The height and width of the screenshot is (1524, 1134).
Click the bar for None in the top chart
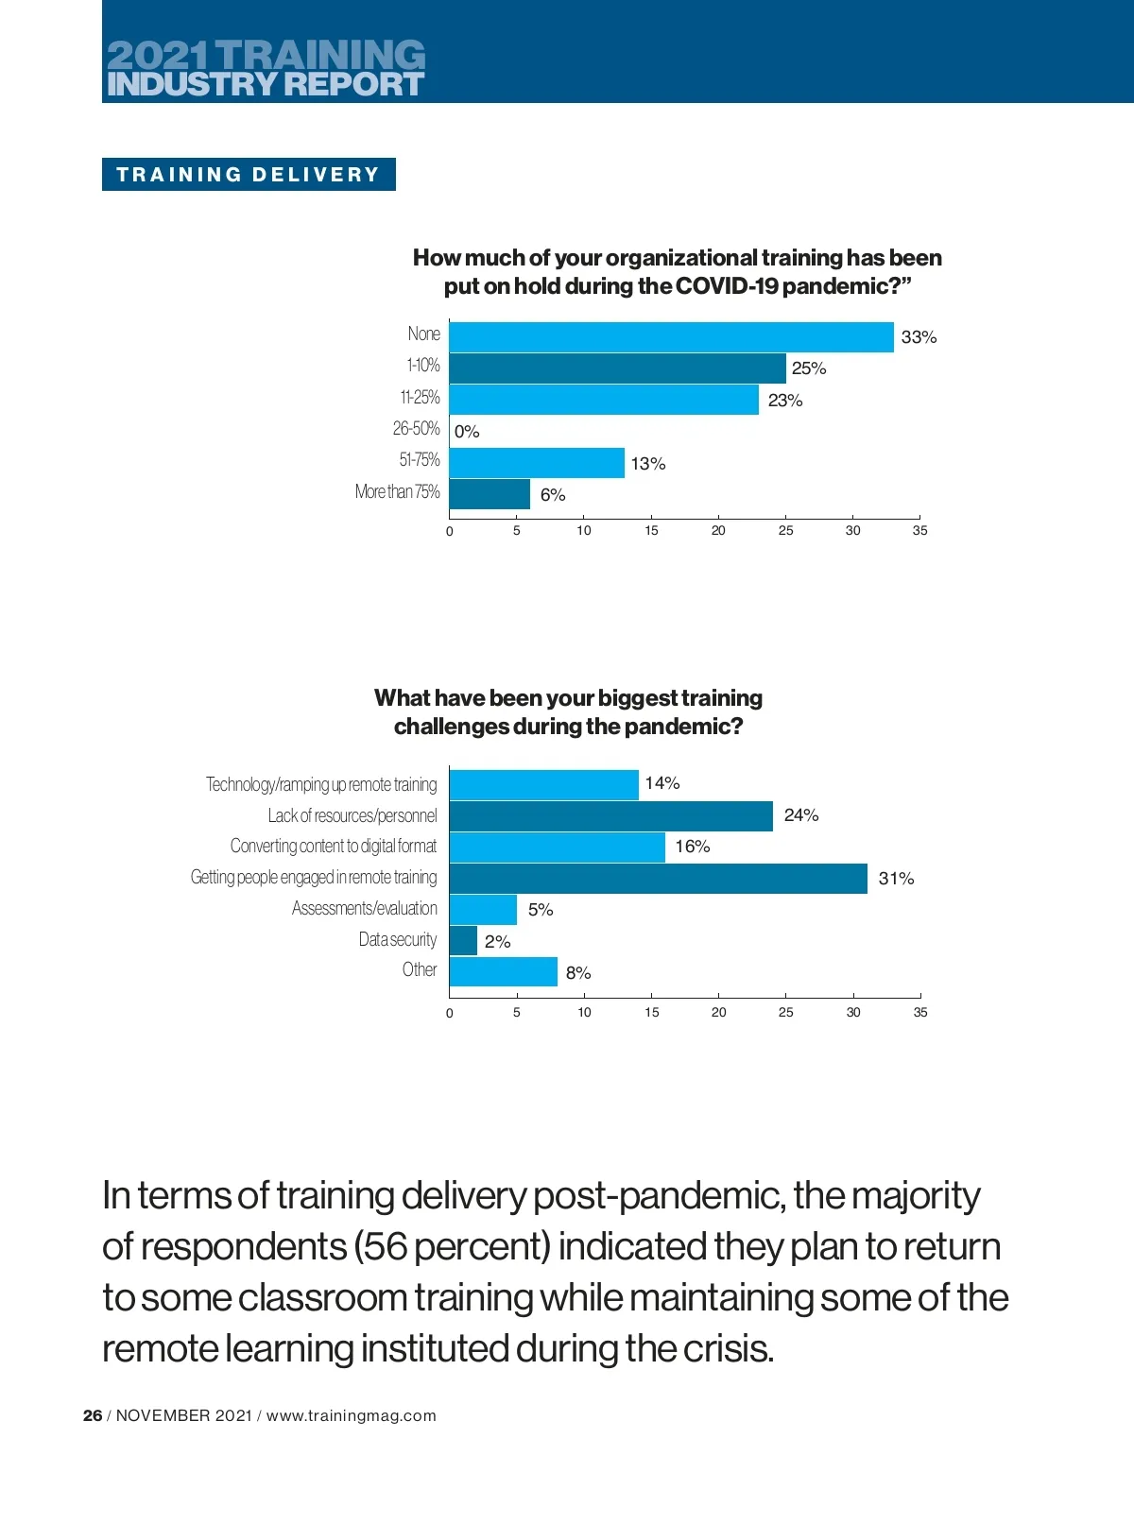[671, 337]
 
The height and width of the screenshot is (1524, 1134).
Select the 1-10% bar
[617, 368]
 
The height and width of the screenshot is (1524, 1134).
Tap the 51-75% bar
[537, 463]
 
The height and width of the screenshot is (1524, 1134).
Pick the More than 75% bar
[490, 494]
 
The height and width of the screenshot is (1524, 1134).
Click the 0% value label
[467, 432]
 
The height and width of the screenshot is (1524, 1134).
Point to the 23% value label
[784, 401]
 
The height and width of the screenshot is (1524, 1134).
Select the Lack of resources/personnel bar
[610, 816]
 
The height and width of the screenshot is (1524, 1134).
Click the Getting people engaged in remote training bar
[658, 879]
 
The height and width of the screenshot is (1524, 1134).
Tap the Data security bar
[463, 941]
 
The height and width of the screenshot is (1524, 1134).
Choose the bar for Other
[503, 972]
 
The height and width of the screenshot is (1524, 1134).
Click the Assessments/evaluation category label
[364, 909]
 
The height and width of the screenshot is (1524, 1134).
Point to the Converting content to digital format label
[334, 846]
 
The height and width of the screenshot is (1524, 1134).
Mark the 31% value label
[896, 879]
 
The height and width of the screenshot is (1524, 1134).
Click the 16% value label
[692, 847]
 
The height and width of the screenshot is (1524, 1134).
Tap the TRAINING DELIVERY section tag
[249, 175]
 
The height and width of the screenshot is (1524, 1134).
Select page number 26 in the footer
[93, 1415]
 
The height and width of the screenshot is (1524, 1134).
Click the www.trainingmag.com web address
[352, 1415]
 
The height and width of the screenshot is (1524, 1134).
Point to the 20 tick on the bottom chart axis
[718, 1013]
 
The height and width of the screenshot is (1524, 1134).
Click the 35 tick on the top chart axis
[919, 531]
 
